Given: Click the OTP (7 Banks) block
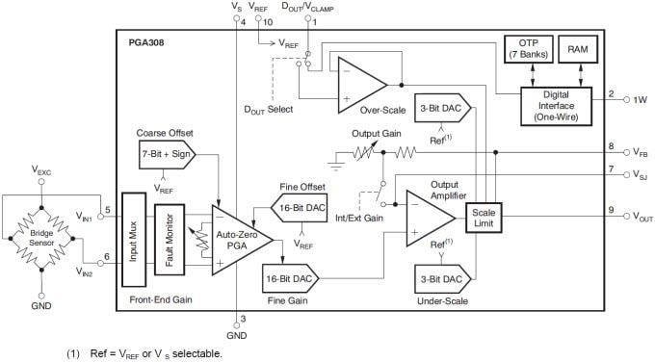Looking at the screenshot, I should pyautogui.click(x=527, y=47).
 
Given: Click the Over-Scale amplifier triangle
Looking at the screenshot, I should pyautogui.click(x=357, y=84).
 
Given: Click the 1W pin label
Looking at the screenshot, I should pyautogui.click(x=641, y=99).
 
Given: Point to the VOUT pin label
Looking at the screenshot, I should pyautogui.click(x=643, y=215).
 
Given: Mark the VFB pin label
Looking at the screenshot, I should pyautogui.click(x=641, y=152).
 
